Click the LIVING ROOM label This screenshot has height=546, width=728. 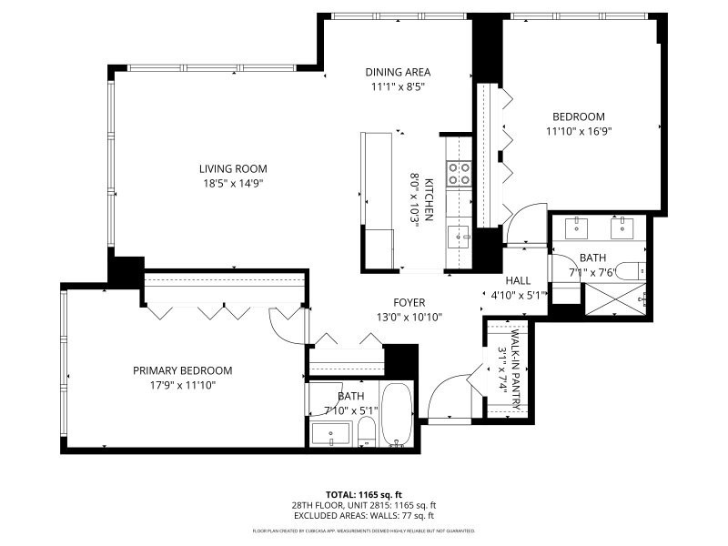(x=234, y=168)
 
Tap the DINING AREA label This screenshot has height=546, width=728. (x=398, y=73)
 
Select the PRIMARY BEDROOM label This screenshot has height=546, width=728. (x=182, y=370)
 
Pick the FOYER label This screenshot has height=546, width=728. (x=409, y=303)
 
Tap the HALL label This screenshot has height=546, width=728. (x=518, y=281)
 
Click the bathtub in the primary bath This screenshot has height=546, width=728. (x=397, y=415)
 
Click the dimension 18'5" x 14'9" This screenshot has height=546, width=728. (x=234, y=183)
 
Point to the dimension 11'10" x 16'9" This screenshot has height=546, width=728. (x=578, y=131)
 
